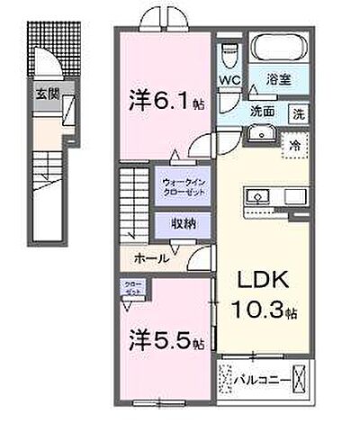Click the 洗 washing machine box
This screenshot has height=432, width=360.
296,114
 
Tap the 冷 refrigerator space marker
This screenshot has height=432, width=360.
294,144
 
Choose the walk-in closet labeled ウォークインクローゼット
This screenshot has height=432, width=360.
184,186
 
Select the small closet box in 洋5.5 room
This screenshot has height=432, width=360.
132,290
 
